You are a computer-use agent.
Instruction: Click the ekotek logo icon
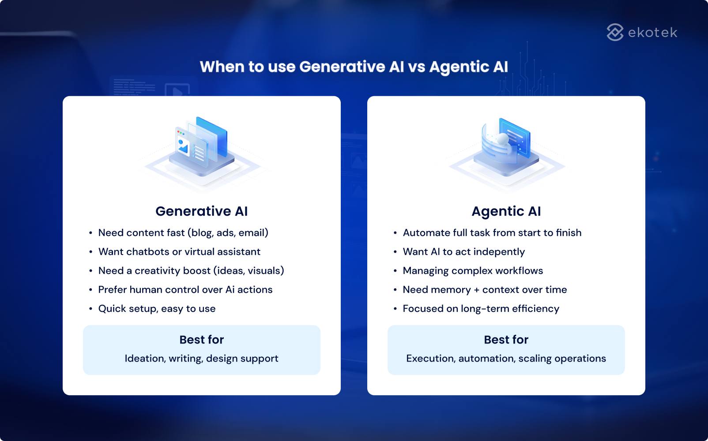tap(615, 32)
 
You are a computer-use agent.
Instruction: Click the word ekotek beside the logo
tap(652, 33)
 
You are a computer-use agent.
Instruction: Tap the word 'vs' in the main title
tap(417, 67)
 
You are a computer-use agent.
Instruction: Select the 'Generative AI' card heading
tap(201, 211)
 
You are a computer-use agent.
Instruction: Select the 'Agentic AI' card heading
tap(506, 211)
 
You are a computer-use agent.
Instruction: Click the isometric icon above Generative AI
tap(202, 148)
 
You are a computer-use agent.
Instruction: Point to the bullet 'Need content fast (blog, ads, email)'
tap(183, 233)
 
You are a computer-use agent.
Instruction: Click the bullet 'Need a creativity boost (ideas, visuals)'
tap(191, 271)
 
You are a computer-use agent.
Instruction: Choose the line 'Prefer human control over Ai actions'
tap(185, 290)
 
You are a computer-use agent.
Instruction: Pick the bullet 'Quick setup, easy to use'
tap(157, 309)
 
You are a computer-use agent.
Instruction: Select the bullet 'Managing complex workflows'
tap(473, 271)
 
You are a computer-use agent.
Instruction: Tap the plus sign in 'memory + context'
tap(476, 290)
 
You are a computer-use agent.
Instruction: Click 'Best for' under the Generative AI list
tap(201, 340)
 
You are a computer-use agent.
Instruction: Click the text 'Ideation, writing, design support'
tap(201, 359)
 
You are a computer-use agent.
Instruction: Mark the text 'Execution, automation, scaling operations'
tap(506, 359)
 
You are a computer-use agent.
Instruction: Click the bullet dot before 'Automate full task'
tap(395, 233)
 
